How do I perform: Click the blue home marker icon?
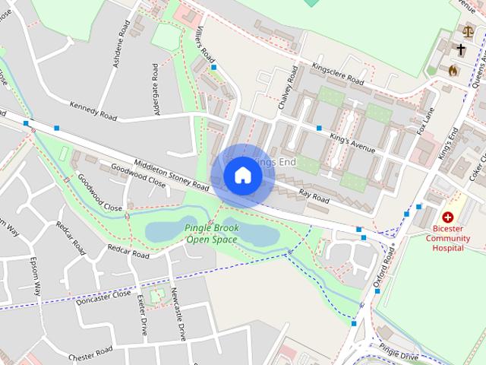242,175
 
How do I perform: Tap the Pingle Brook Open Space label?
212,233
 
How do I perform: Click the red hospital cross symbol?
447,217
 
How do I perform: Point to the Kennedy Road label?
93,111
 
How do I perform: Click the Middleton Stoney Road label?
171,175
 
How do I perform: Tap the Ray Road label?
314,195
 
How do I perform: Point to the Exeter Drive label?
141,316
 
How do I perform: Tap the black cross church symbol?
460,49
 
